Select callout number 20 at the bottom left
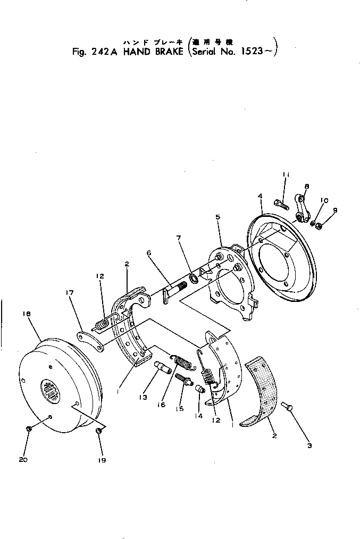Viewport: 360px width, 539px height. pos(23,460)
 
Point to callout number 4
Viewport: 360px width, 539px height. pos(260,196)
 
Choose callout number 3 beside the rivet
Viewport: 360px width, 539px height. pos(309,445)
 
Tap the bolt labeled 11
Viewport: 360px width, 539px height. pos(281,203)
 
